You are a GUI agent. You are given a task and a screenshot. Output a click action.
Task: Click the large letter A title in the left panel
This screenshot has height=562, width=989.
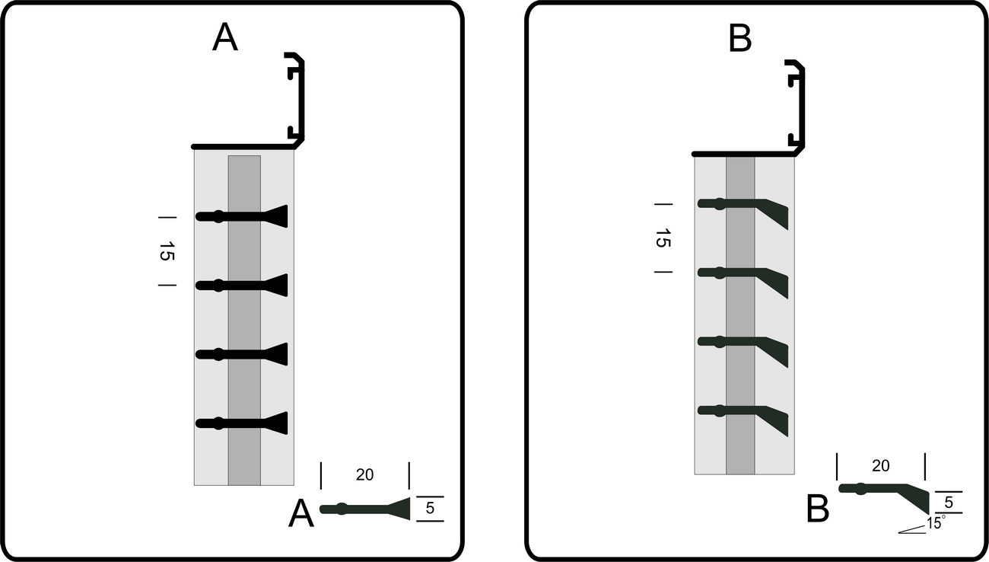pyautogui.click(x=224, y=37)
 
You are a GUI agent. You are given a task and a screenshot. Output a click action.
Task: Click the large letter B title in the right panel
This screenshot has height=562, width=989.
pyautogui.click(x=740, y=38)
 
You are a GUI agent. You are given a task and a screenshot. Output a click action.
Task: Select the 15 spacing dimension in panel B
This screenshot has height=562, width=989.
pyautogui.click(x=662, y=238)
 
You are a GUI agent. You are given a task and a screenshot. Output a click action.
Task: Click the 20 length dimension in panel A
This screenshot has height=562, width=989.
pyautogui.click(x=364, y=474)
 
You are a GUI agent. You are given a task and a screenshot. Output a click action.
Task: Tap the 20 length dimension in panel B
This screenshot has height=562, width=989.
pyautogui.click(x=880, y=466)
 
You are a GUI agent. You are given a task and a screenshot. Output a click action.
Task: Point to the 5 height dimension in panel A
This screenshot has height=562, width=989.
pyautogui.click(x=430, y=509)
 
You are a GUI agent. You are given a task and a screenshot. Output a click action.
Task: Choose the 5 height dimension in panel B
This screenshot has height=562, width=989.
pyautogui.click(x=948, y=503)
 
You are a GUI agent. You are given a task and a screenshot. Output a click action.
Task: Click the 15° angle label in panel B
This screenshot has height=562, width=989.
pyautogui.click(x=936, y=524)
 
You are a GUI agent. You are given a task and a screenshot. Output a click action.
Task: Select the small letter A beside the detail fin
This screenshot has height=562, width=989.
pyautogui.click(x=301, y=516)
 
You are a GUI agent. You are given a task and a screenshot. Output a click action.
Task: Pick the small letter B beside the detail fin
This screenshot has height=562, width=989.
pyautogui.click(x=818, y=510)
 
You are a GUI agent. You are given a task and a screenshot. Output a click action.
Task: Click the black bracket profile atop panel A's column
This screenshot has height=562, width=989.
pyautogui.click(x=296, y=99)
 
